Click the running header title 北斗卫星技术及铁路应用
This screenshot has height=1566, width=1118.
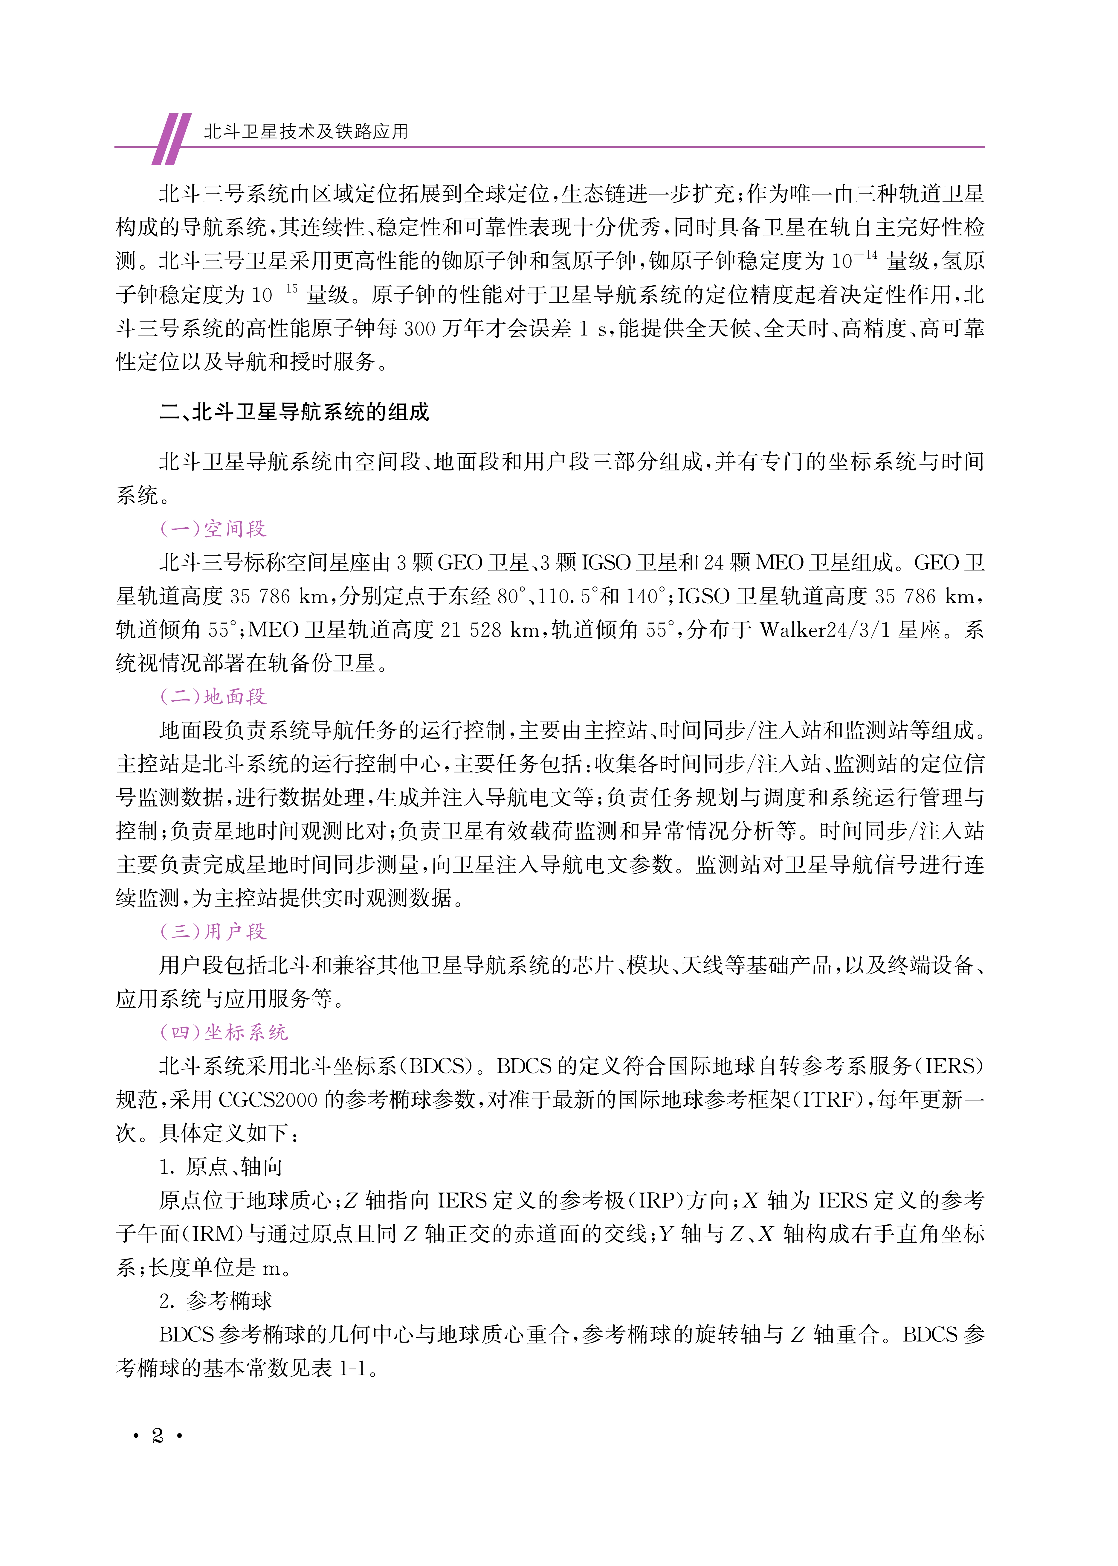click(x=306, y=132)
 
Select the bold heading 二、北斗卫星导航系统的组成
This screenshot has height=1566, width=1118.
click(x=295, y=412)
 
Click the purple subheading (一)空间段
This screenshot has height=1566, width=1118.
click(x=213, y=529)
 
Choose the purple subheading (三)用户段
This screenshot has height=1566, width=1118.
click(x=213, y=932)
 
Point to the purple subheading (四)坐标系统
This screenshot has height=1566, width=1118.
click(x=224, y=1032)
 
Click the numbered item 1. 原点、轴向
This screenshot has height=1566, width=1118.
click(x=220, y=1167)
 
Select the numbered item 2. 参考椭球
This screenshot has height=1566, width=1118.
click(x=216, y=1301)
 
